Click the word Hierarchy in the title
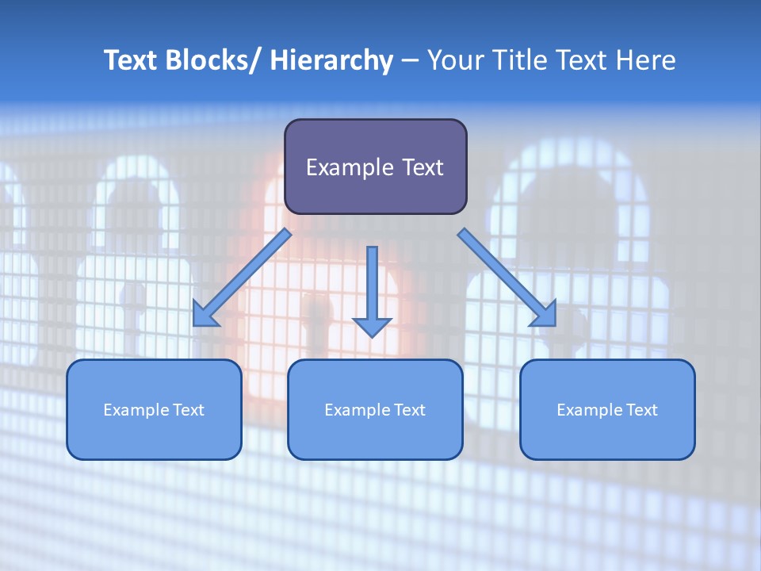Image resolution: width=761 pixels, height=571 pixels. pos(331,60)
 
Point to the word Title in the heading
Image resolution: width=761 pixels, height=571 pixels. pos(518,60)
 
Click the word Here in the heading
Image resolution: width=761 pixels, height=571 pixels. pos(646,60)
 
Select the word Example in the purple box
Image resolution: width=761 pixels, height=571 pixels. pos(349,167)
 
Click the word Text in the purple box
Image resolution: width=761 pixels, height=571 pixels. pos(422,167)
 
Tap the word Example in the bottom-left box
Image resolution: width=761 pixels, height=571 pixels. pos(136,410)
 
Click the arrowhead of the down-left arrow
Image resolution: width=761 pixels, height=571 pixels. pos(204,316)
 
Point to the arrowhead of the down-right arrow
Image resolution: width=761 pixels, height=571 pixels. pos(545,315)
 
